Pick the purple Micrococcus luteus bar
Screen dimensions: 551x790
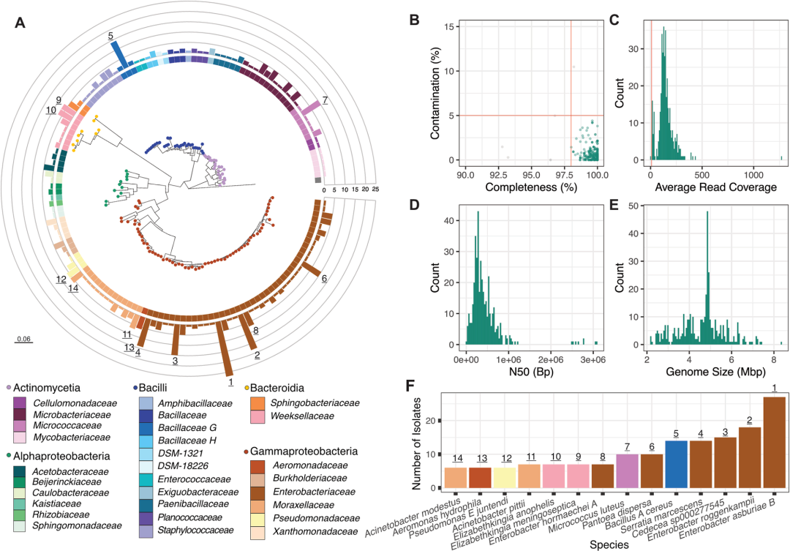tap(627, 471)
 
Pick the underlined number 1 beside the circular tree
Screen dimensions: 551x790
tap(230, 381)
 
